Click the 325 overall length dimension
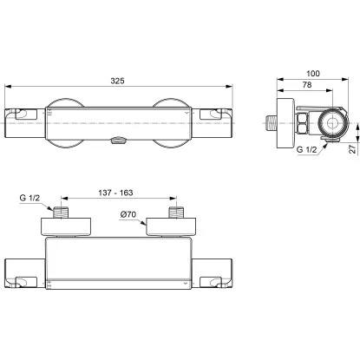[x=117, y=79]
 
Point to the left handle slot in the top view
[x=20, y=115]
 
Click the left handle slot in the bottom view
[x=20, y=280]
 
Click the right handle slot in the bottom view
[x=213, y=280]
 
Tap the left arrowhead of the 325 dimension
[x=10, y=87]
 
